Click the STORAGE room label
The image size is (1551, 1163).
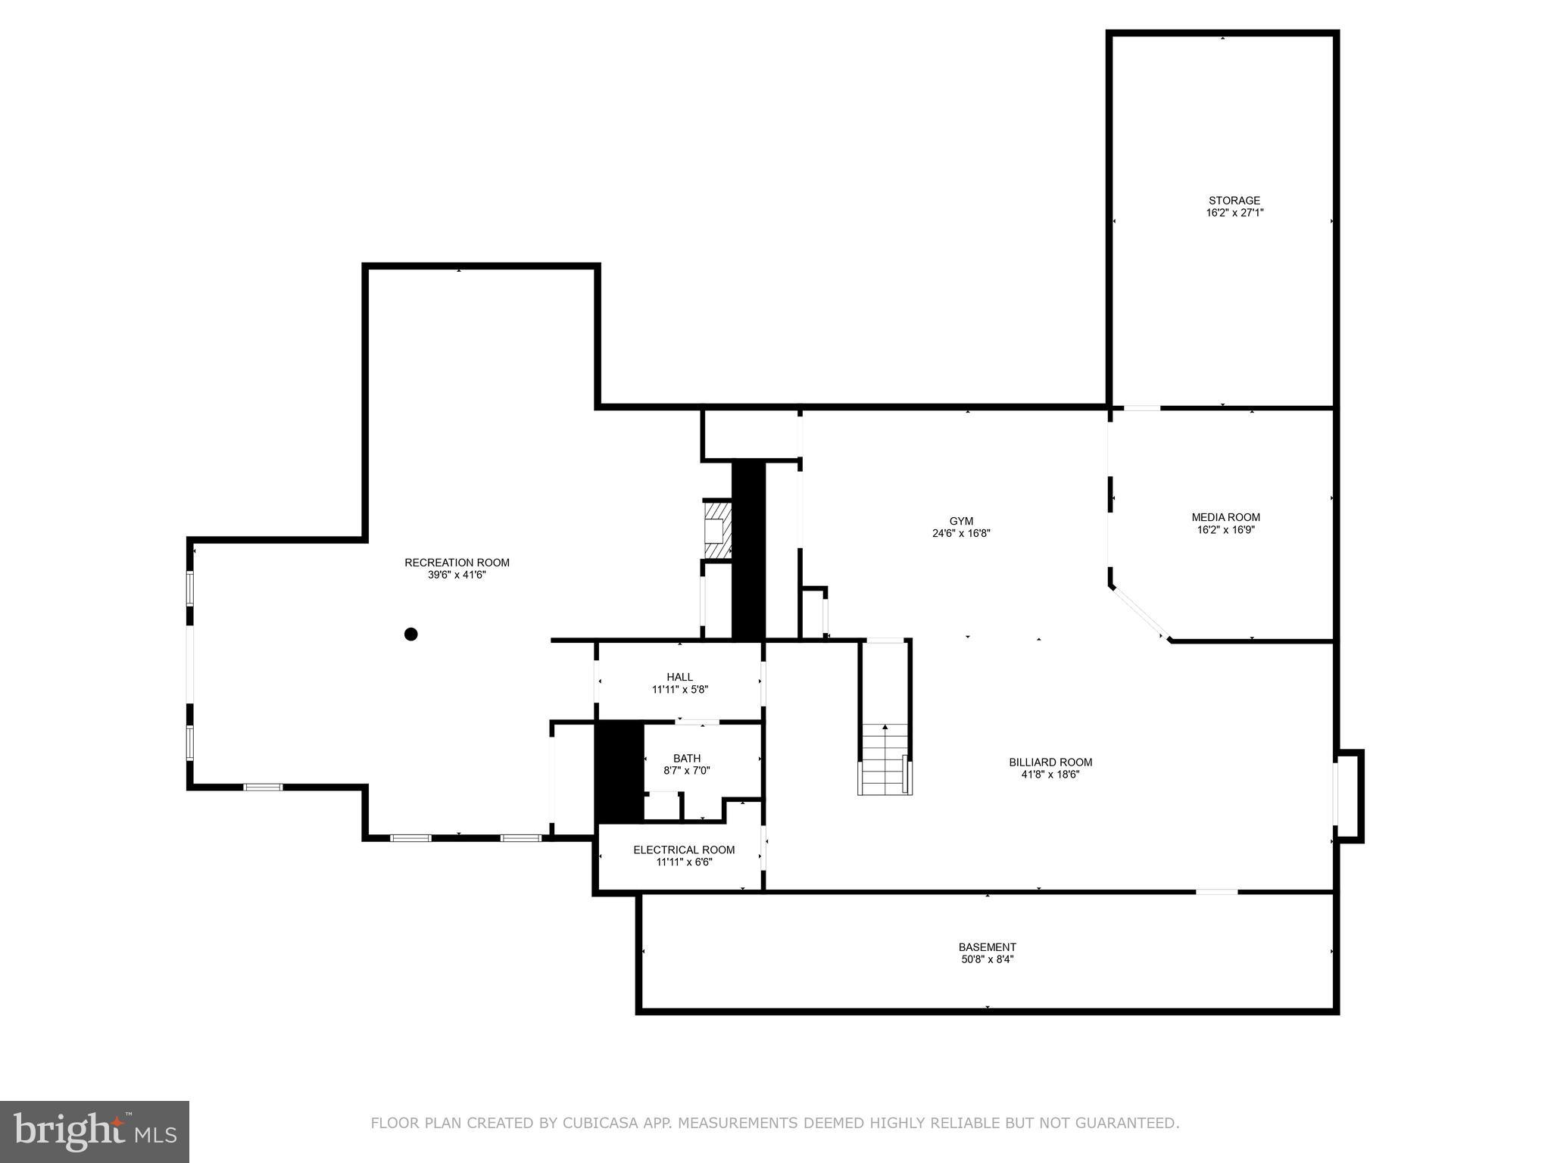tap(1234, 201)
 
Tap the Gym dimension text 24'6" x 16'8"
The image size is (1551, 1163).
tap(961, 533)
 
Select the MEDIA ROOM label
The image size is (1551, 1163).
tap(1225, 517)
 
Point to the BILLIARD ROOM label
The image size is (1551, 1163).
tap(1050, 762)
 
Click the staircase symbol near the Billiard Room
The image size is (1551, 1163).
tap(885, 759)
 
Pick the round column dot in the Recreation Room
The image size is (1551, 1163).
tap(410, 634)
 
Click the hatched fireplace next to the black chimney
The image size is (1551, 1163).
tap(717, 530)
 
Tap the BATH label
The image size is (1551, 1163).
tap(687, 758)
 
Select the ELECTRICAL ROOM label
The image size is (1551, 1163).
tap(684, 850)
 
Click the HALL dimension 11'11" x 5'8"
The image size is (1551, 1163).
tap(680, 689)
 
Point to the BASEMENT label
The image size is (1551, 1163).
tap(987, 946)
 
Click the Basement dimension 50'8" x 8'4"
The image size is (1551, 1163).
tap(987, 959)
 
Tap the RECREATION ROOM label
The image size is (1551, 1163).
tap(457, 563)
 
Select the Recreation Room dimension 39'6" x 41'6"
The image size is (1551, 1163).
tap(457, 575)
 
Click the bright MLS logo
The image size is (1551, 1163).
tap(95, 1131)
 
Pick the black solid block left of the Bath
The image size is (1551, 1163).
tap(619, 772)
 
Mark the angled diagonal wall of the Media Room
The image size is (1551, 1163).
tap(1139, 613)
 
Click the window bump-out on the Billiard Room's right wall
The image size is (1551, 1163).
tap(1349, 796)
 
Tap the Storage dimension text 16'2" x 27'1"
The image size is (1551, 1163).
tap(1234, 213)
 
